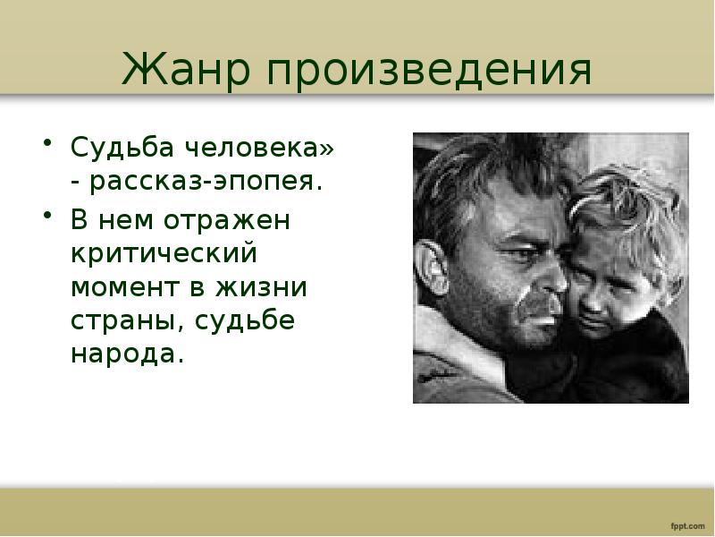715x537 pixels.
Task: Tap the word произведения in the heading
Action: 429,71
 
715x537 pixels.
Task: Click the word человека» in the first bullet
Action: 259,147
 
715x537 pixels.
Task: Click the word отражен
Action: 227,221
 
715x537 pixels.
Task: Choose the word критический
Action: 164,254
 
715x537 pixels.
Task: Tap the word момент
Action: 125,288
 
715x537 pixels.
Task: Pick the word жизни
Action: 261,288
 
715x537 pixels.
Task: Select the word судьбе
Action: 245,321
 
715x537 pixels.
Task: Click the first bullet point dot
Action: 46,142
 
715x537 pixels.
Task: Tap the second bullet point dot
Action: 46,215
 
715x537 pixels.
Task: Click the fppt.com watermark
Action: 687,526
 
